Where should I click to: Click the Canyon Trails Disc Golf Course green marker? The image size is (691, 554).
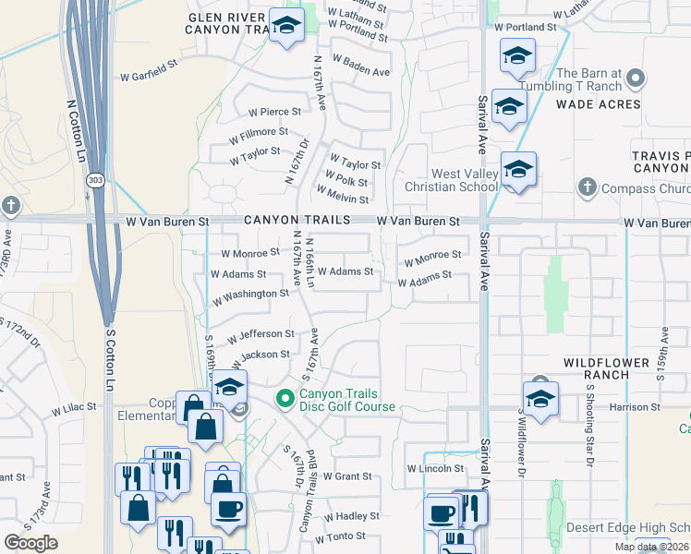(x=285, y=399)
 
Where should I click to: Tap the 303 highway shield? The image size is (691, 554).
(x=95, y=179)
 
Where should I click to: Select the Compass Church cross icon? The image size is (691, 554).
(x=586, y=189)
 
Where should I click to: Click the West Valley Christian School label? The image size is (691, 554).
(x=465, y=180)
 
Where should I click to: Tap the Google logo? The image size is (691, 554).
(x=30, y=543)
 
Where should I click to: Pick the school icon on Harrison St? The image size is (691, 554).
(x=540, y=397)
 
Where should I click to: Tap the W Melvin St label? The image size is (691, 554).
(x=343, y=196)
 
